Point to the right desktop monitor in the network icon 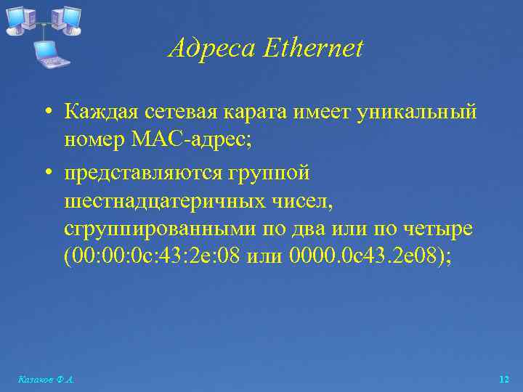coord(69,18)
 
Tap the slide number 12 coord(504,378)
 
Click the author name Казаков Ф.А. coord(44,379)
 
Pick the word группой coord(271,173)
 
